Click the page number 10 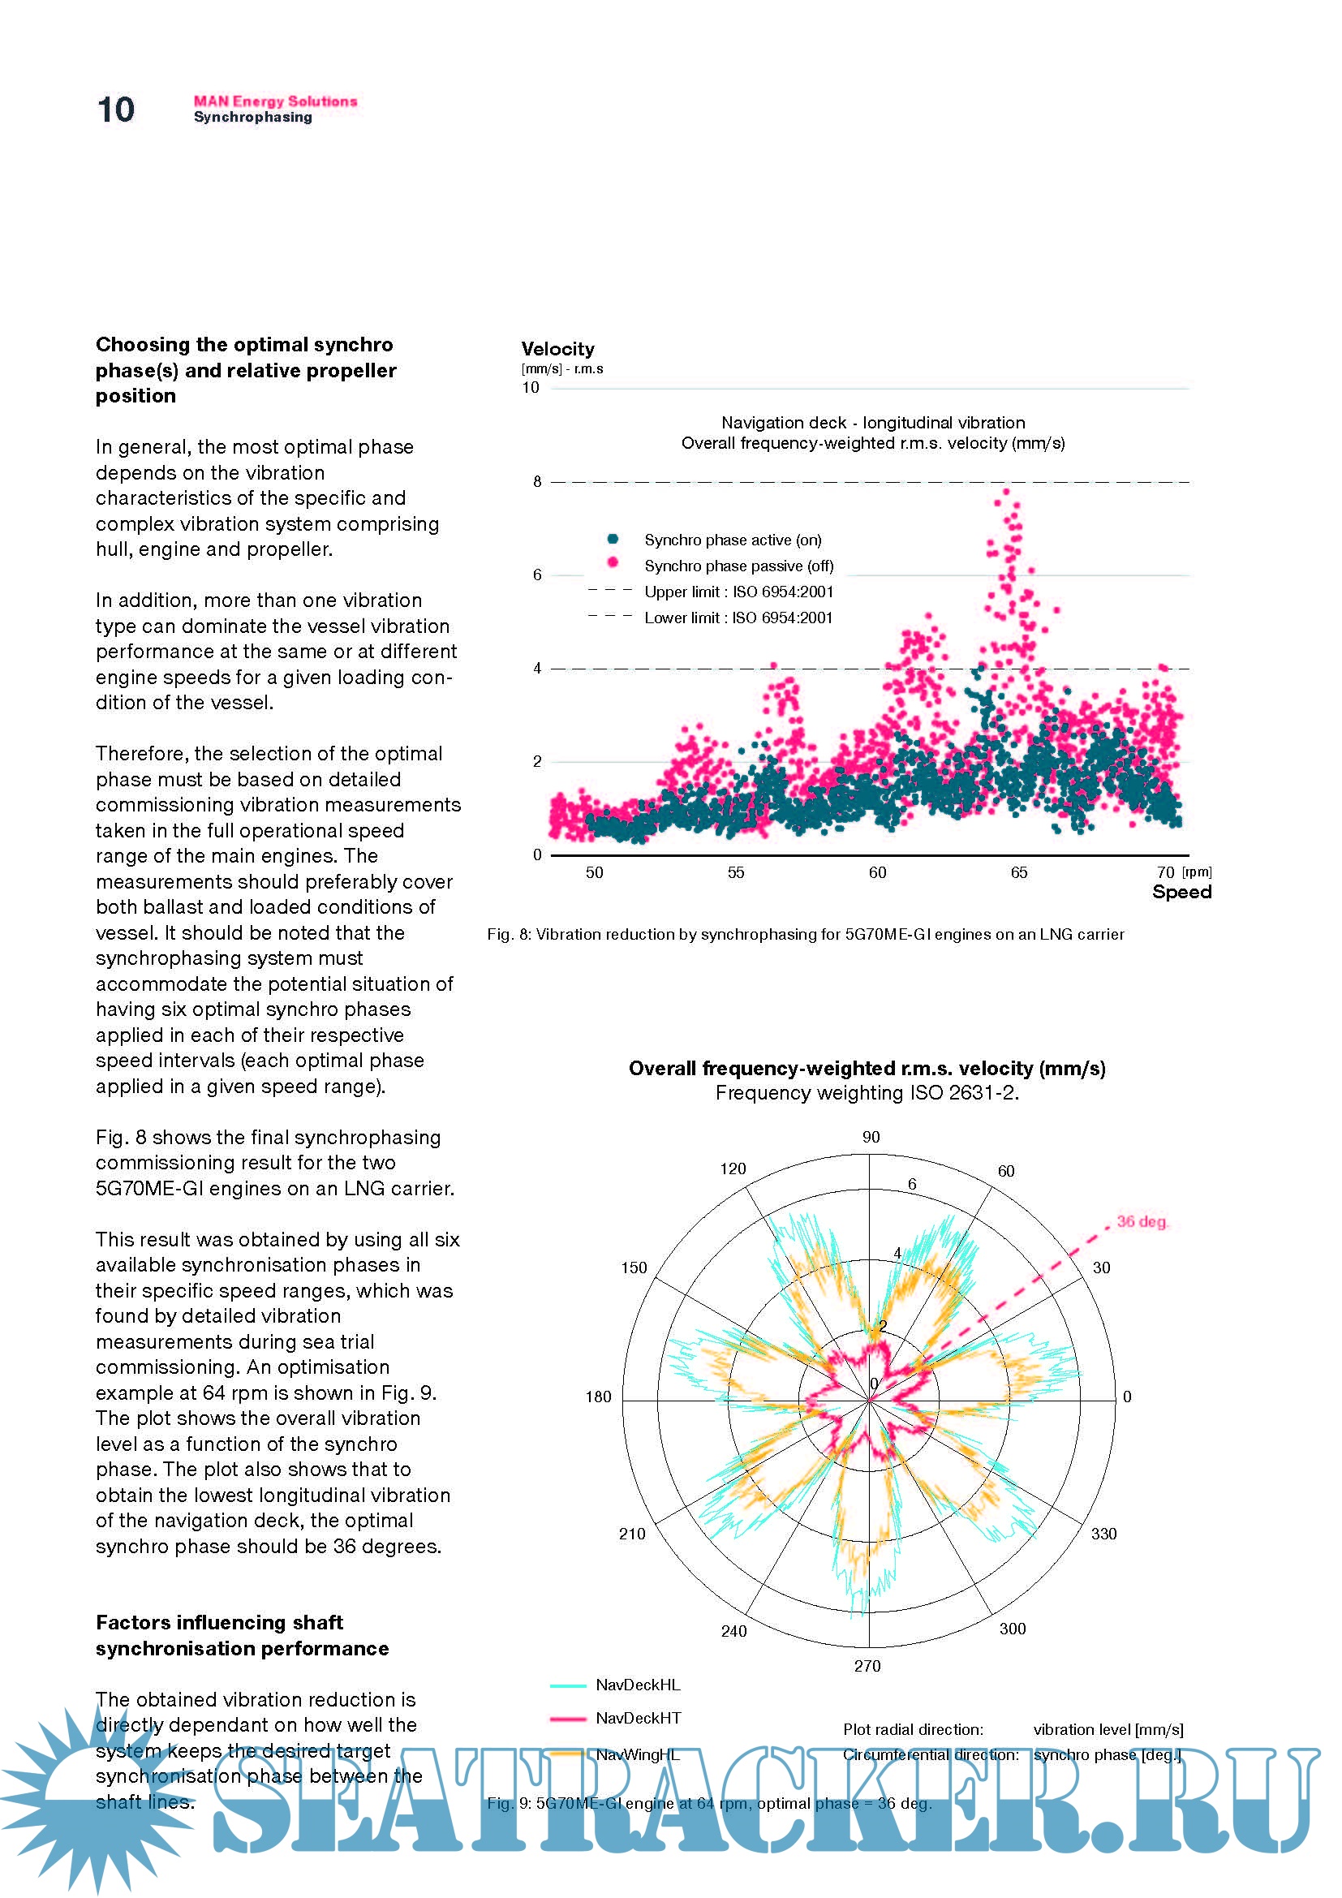[x=116, y=110]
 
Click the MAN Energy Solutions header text [x=275, y=101]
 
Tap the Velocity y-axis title [x=557, y=349]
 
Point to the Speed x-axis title [x=1181, y=892]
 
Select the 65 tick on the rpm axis [x=1019, y=873]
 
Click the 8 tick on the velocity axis [x=537, y=481]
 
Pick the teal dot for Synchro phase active [x=613, y=539]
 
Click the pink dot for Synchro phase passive [x=613, y=563]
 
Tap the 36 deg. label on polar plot [x=1142, y=1221]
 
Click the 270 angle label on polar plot [x=867, y=1666]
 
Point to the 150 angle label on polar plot [x=634, y=1267]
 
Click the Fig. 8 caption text [x=805, y=934]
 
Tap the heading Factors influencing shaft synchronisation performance [x=241, y=1635]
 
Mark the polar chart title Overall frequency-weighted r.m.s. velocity [x=867, y=1068]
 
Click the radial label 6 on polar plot [x=912, y=1184]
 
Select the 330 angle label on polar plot [x=1103, y=1534]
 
